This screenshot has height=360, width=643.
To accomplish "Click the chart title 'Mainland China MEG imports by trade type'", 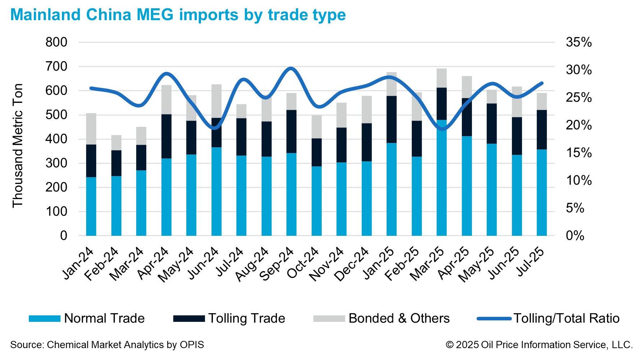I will coord(178,15).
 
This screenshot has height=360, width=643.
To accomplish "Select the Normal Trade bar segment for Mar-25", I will coord(442,180).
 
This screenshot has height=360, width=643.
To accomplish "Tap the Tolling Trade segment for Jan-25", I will coord(392,120).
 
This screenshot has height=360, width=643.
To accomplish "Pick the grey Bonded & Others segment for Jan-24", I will coord(91,129).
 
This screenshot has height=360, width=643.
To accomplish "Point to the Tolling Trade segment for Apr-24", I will coord(166,136).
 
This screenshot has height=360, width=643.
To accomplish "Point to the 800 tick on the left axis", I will coord(56,42).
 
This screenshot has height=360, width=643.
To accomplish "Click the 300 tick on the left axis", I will coord(56,163).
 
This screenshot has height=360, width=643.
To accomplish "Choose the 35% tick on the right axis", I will coord(579,42).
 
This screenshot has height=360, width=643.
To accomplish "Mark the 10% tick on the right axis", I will coord(579,180).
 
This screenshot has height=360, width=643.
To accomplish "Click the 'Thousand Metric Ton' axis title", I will coord(18,145).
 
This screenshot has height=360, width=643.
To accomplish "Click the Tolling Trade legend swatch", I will coord(189,319).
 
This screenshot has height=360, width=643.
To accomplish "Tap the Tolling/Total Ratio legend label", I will coord(566,318).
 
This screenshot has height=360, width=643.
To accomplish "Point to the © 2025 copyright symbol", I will coord(450,345).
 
